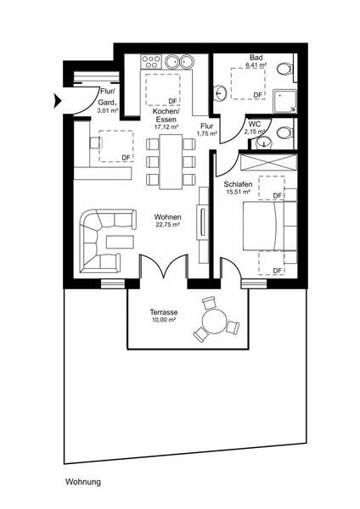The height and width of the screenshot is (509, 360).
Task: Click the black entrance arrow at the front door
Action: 57,101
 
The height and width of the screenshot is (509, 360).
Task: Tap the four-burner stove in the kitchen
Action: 151,61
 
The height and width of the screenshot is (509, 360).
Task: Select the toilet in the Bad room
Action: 285,70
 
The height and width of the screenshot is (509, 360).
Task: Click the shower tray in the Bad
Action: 285,101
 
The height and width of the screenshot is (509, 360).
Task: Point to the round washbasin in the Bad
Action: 220,92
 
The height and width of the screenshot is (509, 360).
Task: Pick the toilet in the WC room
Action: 285,132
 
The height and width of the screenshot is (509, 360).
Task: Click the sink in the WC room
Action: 264,143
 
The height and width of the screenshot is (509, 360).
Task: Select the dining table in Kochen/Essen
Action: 171,162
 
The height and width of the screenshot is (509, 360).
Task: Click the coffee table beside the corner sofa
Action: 120,242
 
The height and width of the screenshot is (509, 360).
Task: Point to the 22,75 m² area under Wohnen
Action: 168,224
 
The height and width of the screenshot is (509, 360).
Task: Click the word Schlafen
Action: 238,184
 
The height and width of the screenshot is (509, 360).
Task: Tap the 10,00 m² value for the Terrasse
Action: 164,320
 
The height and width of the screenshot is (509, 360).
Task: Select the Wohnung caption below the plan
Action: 83,482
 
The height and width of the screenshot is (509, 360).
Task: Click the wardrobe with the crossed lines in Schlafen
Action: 268,162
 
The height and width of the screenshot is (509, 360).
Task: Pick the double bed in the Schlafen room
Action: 270,226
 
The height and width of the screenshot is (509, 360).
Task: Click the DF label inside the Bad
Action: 257,95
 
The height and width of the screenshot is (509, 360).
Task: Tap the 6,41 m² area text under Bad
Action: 256,64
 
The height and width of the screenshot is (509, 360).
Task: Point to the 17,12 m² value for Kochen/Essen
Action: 166,127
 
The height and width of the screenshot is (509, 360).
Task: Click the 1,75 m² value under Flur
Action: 206,133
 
